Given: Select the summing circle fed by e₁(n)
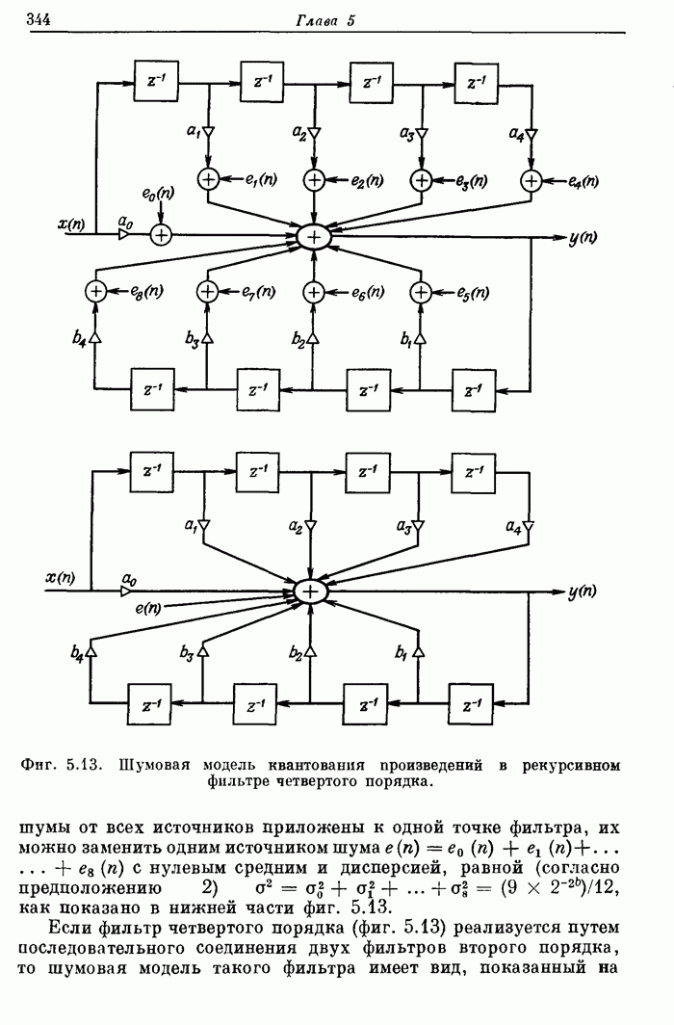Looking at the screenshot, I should (209, 179).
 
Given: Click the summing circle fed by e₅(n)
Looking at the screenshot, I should (421, 289).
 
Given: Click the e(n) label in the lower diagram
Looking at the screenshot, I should (147, 608).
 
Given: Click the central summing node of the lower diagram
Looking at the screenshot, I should (312, 591).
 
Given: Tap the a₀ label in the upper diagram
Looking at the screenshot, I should (124, 223).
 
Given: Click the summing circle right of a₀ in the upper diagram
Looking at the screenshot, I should (162, 235).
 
